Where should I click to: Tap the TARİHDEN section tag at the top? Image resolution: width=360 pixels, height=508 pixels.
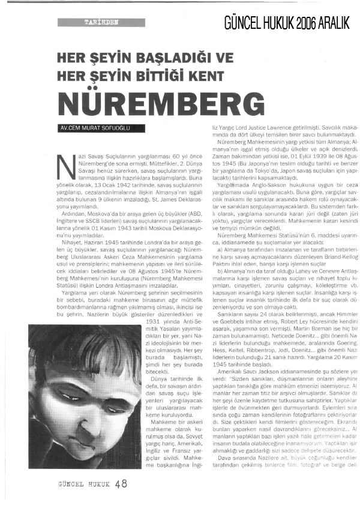97,22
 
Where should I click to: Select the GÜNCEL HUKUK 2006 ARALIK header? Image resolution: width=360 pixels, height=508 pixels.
287,22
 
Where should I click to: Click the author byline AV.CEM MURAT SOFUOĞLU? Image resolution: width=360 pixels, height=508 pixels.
95,128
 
